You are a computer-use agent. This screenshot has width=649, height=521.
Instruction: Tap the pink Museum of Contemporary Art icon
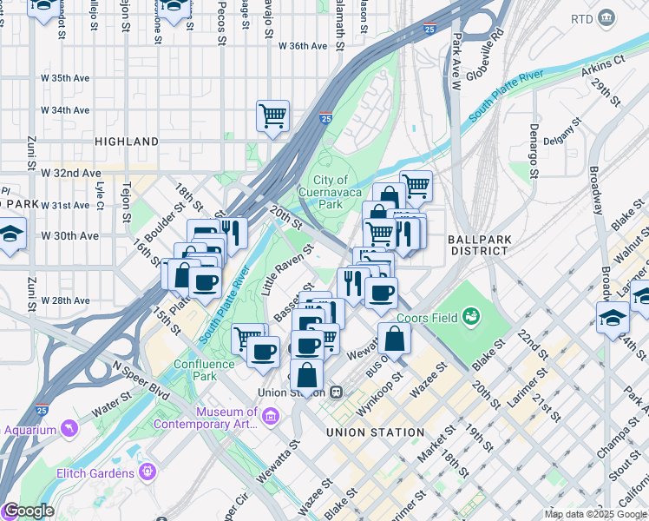coord(269,418)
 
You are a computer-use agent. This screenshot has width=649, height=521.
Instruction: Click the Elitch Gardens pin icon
coord(148,472)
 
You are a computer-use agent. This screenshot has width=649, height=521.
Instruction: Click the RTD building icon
coord(606,18)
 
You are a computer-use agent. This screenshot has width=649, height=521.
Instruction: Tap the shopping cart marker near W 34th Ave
coord(272,115)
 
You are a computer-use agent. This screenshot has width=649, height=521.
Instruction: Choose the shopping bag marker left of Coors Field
coord(394,339)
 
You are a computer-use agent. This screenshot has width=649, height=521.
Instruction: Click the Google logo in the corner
coord(28,511)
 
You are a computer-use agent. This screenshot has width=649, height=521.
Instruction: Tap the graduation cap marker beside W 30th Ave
coord(10,234)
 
